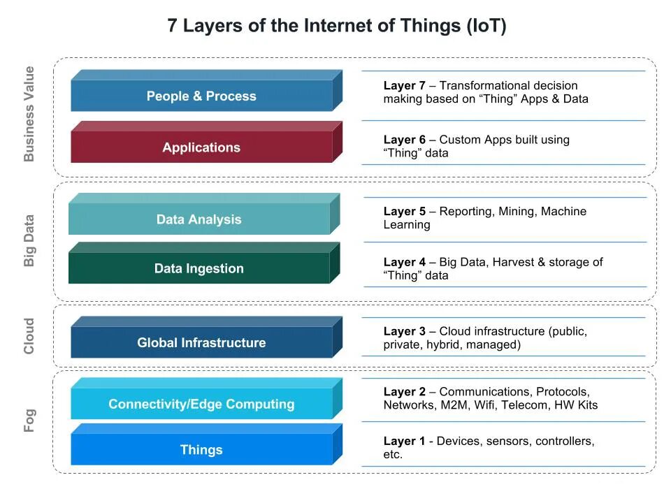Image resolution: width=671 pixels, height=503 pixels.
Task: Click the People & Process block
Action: [201, 96]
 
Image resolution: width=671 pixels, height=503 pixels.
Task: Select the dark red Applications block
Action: [201, 147]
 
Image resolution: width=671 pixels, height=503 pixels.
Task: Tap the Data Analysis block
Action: [199, 219]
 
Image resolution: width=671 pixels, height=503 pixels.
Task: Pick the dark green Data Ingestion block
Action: [199, 268]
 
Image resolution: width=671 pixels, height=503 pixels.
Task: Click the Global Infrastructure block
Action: [201, 342]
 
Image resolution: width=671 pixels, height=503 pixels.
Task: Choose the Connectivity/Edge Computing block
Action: [201, 404]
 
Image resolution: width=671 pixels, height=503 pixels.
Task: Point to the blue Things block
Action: [201, 450]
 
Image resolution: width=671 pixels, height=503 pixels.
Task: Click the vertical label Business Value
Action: [29, 114]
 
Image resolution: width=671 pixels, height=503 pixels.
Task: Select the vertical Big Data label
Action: [29, 240]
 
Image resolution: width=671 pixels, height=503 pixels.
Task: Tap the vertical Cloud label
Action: [29, 336]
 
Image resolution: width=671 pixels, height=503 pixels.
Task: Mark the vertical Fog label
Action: [29, 421]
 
